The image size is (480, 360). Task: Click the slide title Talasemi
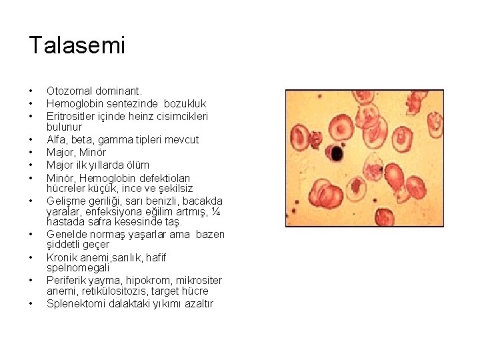click(77, 45)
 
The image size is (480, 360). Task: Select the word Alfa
click(57, 139)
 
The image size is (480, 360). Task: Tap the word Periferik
click(68, 280)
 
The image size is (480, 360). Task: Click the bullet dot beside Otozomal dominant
click(31, 91)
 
